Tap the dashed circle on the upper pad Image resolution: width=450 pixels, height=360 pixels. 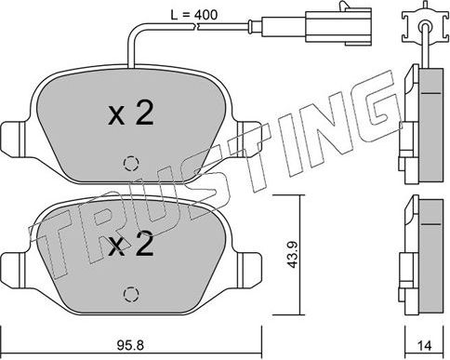[x=129, y=162]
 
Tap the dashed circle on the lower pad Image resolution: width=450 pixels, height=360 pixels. [x=129, y=294]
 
